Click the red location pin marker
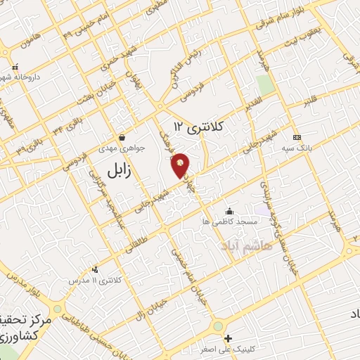coord(181,164)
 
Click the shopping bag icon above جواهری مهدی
coord(124,137)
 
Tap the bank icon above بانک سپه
coord(297,136)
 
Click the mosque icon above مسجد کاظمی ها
coord(229,210)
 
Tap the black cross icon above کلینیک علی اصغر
coord(227,337)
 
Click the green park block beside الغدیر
coord(265,84)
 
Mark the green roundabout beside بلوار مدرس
coord(57,309)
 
